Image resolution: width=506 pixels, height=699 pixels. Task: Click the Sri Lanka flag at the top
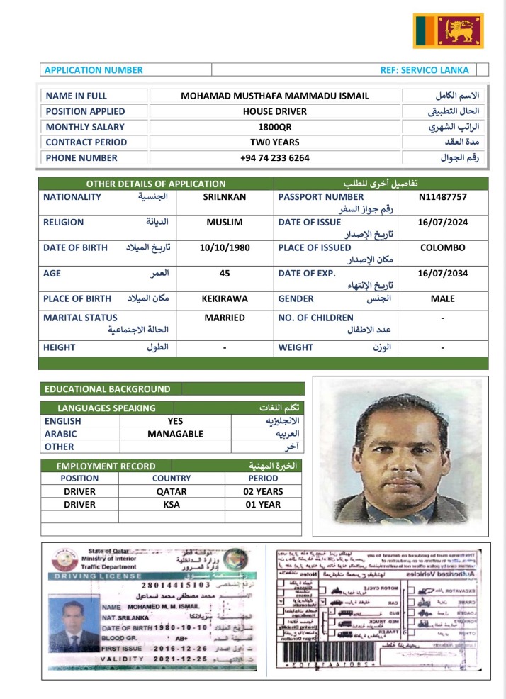[448, 30]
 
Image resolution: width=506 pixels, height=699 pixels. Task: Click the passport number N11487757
[442, 196]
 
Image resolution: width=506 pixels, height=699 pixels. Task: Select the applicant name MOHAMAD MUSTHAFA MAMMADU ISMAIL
[275, 96]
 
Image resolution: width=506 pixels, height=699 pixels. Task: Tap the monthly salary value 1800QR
[275, 127]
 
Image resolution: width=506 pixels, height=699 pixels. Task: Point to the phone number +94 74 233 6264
[275, 158]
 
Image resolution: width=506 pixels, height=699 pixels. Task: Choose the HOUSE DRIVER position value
[275, 111]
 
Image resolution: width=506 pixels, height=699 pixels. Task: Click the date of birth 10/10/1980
[224, 247]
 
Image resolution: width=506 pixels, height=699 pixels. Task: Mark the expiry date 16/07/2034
[442, 273]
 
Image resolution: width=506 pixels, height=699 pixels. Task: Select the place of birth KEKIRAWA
[224, 298]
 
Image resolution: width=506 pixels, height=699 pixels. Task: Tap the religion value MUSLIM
[224, 222]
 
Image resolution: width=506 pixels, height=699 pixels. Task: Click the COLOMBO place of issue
[442, 247]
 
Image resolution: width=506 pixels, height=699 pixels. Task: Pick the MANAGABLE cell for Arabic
[175, 433]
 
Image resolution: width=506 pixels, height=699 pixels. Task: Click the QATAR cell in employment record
[172, 491]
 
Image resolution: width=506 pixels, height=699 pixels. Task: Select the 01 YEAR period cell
[263, 505]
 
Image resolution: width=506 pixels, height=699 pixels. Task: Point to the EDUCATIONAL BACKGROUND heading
[108, 388]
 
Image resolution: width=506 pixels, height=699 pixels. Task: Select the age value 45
[224, 273]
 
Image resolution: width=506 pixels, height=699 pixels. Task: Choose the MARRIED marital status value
[224, 318]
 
